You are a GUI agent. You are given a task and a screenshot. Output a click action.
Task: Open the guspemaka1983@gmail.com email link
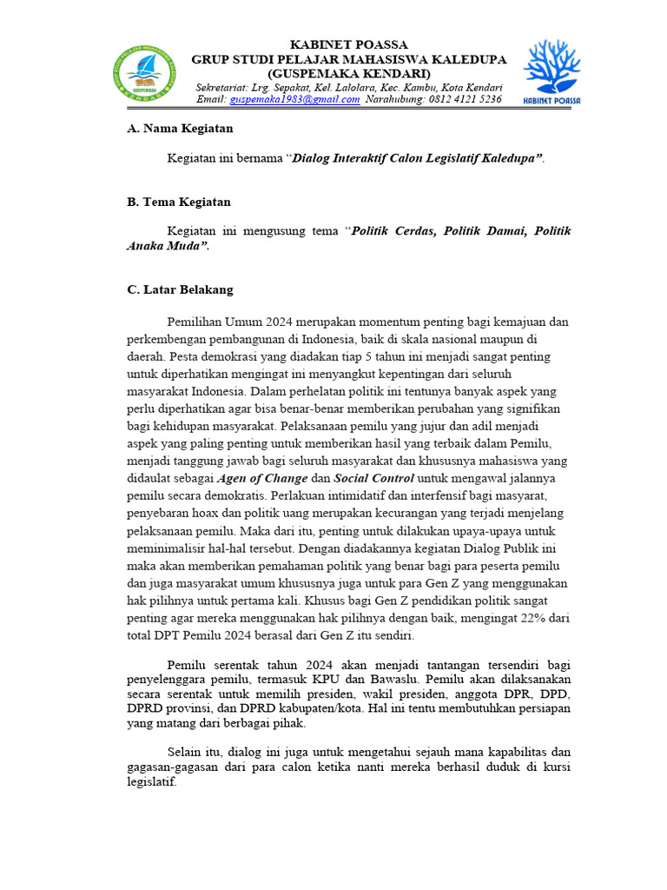coord(294,99)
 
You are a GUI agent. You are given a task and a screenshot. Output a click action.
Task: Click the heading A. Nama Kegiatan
coord(180,128)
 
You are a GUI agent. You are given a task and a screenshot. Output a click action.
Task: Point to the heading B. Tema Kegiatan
coord(179,202)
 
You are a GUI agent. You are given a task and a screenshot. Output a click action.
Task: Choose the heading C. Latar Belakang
coord(180,289)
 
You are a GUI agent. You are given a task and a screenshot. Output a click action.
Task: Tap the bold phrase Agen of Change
coord(261,479)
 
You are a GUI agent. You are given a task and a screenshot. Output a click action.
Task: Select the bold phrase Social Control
coord(373,479)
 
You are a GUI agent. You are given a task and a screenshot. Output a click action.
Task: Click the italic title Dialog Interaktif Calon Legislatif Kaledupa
coord(416,158)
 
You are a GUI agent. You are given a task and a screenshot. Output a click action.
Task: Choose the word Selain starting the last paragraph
coord(186,751)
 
